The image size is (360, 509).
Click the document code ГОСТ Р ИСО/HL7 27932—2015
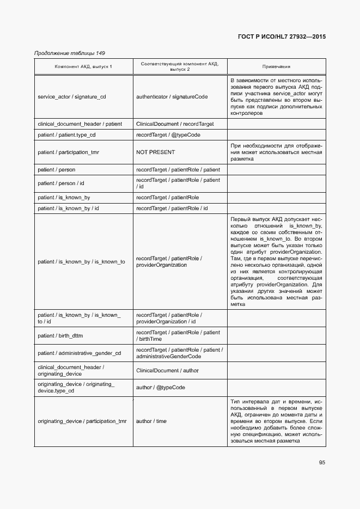pos(282,37)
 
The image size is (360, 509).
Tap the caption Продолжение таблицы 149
pos(69,53)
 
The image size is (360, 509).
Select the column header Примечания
pos(276,66)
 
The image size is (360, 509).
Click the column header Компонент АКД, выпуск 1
pos(83,66)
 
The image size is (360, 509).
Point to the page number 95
pos(322,463)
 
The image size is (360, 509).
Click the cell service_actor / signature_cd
pos(72,97)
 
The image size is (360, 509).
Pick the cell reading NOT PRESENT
pos(155,152)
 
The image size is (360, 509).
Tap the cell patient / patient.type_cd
pos(66,134)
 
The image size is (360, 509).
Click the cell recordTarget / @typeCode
pos(165,134)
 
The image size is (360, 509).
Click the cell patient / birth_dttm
pos(60,336)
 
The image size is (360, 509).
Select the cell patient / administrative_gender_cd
pos(79,353)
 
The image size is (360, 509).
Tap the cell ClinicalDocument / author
pos(167,371)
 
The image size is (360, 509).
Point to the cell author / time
pos(151,421)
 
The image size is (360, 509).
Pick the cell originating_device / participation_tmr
pos(82,421)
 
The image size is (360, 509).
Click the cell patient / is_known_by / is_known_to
pos(81,262)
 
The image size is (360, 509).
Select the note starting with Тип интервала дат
pos(276,421)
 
